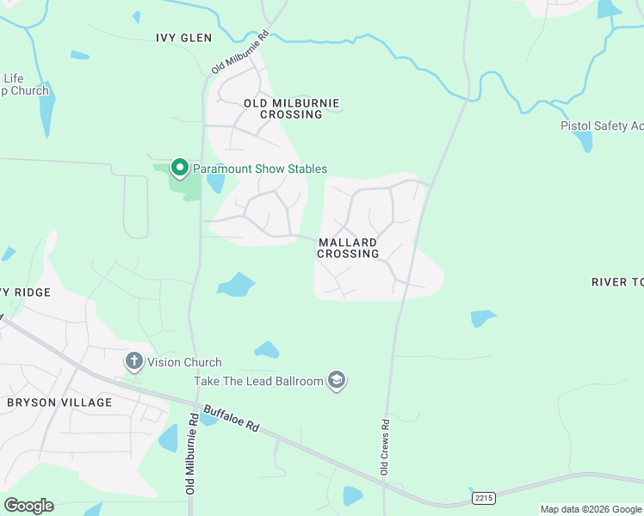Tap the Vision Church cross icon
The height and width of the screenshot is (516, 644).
(133, 361)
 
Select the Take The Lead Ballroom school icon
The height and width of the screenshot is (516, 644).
(337, 381)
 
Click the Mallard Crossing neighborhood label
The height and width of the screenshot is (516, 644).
(348, 248)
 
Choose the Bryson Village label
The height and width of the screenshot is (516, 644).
(59, 402)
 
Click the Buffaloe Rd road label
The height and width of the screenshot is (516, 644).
(231, 417)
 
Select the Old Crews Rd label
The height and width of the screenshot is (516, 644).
(385, 446)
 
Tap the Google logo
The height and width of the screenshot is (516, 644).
(28, 506)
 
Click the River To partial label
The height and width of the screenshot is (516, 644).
(617, 282)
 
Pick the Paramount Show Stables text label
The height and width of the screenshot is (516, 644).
(259, 169)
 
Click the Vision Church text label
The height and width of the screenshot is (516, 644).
(184, 362)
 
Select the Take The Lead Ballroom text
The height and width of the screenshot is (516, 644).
(259, 381)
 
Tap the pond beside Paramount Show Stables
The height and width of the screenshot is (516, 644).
(216, 181)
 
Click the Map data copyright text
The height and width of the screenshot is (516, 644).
(590, 509)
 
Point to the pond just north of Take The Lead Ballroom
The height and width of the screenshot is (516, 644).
(267, 349)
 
